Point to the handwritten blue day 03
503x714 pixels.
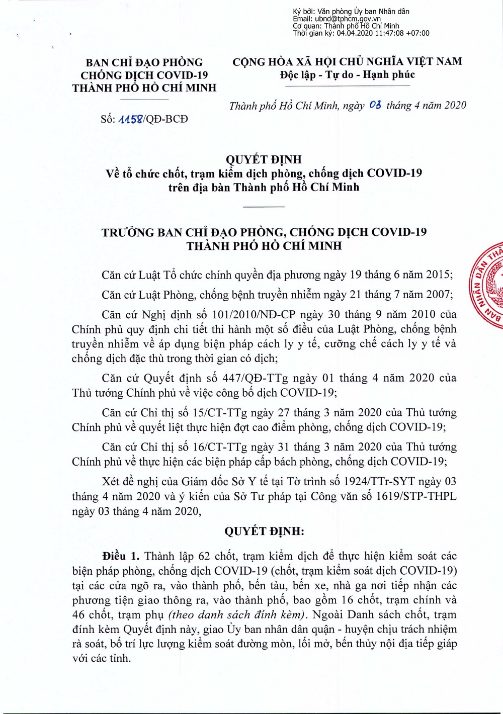(375, 105)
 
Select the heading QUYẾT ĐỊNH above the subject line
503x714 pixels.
(264, 159)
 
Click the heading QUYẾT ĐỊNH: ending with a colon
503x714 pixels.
(264, 531)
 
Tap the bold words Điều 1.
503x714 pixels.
(120, 556)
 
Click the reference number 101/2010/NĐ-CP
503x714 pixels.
(254, 315)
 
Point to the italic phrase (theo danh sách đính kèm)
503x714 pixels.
(238, 614)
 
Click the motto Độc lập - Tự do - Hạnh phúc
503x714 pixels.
(348, 75)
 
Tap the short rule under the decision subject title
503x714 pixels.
(264, 207)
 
